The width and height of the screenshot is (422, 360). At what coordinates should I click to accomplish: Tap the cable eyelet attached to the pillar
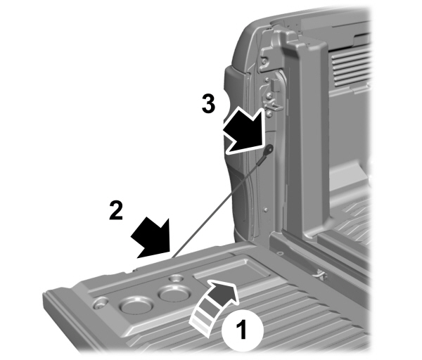point(269,148)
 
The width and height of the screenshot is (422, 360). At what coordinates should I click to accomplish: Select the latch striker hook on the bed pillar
point(269,95)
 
